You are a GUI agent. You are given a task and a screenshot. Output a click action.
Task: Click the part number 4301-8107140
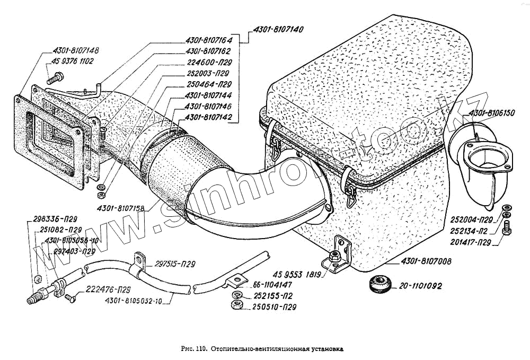click(277, 30)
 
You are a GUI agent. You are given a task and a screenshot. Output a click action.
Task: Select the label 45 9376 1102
click(73, 62)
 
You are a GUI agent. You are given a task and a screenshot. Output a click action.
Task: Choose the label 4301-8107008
click(422, 261)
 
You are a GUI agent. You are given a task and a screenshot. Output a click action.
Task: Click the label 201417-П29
click(468, 242)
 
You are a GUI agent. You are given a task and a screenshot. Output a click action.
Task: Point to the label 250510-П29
click(274, 307)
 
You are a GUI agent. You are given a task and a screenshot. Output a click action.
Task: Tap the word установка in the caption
click(325, 350)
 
